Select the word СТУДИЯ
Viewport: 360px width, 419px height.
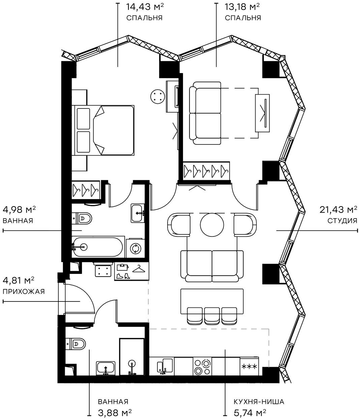[342, 221]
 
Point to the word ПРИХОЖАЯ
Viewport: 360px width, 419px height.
[24, 292]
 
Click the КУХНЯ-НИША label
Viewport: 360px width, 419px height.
[259, 402]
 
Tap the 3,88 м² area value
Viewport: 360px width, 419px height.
[115, 412]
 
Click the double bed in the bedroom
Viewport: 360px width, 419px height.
[104, 130]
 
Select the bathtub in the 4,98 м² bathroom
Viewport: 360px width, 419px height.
[97, 247]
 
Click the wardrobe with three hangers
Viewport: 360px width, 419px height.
[86, 191]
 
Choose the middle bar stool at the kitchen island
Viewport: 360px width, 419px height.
[212, 315]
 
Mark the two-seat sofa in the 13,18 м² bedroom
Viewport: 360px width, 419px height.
[205, 113]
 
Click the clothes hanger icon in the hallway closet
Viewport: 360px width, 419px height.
[139, 268]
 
